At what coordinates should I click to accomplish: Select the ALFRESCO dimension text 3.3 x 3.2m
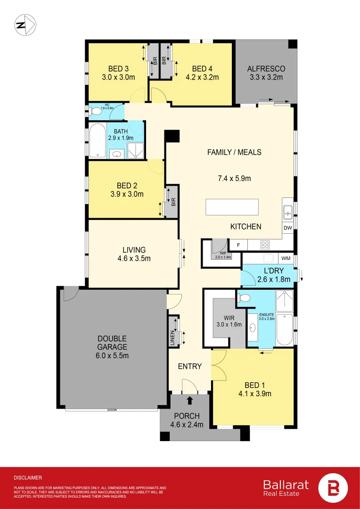pyautogui.click(x=266, y=77)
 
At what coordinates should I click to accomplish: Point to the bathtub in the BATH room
pyautogui.click(x=97, y=140)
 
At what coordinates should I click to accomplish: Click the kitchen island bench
pyautogui.click(x=232, y=207)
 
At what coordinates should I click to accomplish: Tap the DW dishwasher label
pyautogui.click(x=287, y=228)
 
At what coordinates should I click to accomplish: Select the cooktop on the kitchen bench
pyautogui.click(x=265, y=245)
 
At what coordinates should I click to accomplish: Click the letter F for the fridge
pyautogui.click(x=238, y=245)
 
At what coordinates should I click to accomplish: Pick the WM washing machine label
pyautogui.click(x=286, y=258)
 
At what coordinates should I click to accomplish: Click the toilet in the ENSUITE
pyautogui.click(x=244, y=297)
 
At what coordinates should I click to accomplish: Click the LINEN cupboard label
pyautogui.click(x=173, y=338)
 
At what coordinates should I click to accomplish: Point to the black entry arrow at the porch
pyautogui.click(x=190, y=401)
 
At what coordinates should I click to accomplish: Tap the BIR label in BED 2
pyautogui.click(x=173, y=203)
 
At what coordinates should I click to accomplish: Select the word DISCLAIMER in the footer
pyautogui.click(x=28, y=477)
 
